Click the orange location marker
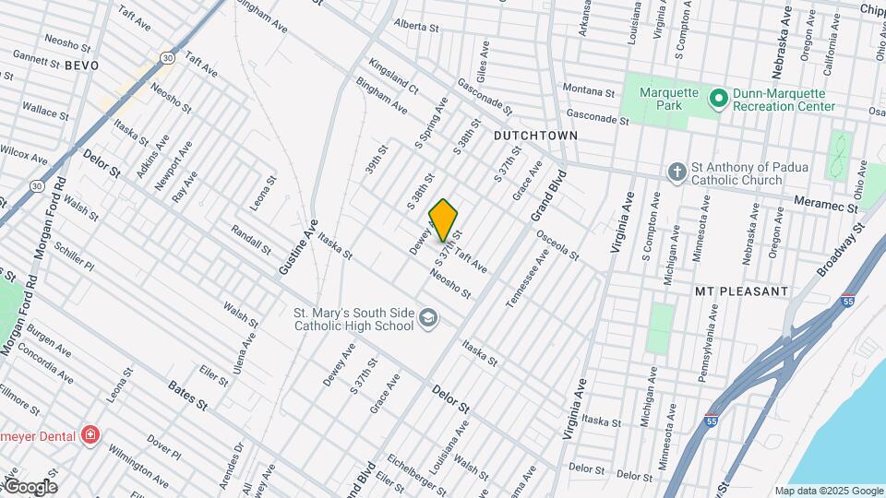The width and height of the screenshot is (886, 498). coord(444,219)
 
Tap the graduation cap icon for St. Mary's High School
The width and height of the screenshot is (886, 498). coord(427,318)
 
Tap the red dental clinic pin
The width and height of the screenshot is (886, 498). coord(90,433)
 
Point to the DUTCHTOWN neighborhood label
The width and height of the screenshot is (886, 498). coord(535,136)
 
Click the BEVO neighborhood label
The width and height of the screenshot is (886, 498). coord(81,65)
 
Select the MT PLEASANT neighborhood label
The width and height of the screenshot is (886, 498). coord(741,290)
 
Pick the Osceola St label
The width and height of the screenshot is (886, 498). coord(557,243)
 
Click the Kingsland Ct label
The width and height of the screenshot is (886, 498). coord(393,77)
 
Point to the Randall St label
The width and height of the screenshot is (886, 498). coord(250,240)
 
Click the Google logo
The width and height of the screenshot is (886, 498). coord(30,486)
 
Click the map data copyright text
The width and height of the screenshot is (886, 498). coord(828,491)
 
